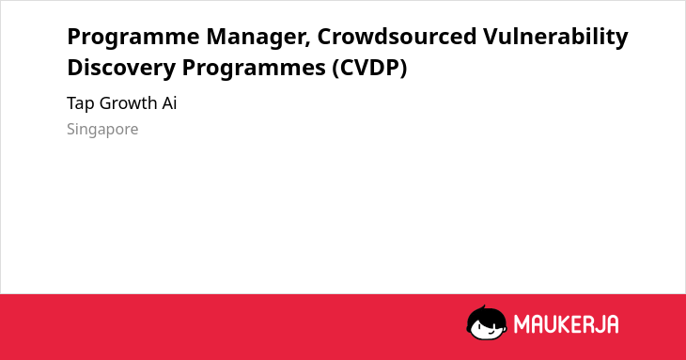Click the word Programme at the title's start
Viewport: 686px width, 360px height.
point(133,38)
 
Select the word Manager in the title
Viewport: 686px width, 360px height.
point(256,38)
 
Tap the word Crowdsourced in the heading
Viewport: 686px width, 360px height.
point(397,37)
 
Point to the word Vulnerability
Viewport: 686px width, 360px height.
point(555,38)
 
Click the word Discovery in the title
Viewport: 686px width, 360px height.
point(121,69)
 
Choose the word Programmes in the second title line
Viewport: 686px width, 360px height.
point(254,69)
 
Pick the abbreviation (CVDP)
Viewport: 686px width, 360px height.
point(369,68)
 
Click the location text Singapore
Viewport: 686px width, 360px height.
point(102,130)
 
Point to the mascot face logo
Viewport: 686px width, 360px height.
point(487,322)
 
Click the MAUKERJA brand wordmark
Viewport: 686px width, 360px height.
point(566,324)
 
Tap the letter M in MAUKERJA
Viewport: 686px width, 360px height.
point(521,324)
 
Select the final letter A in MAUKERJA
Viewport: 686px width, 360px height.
point(613,324)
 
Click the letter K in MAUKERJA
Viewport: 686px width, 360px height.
point(561,324)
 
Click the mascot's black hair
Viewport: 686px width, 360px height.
point(486,314)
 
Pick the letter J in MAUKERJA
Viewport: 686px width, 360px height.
point(599,324)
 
